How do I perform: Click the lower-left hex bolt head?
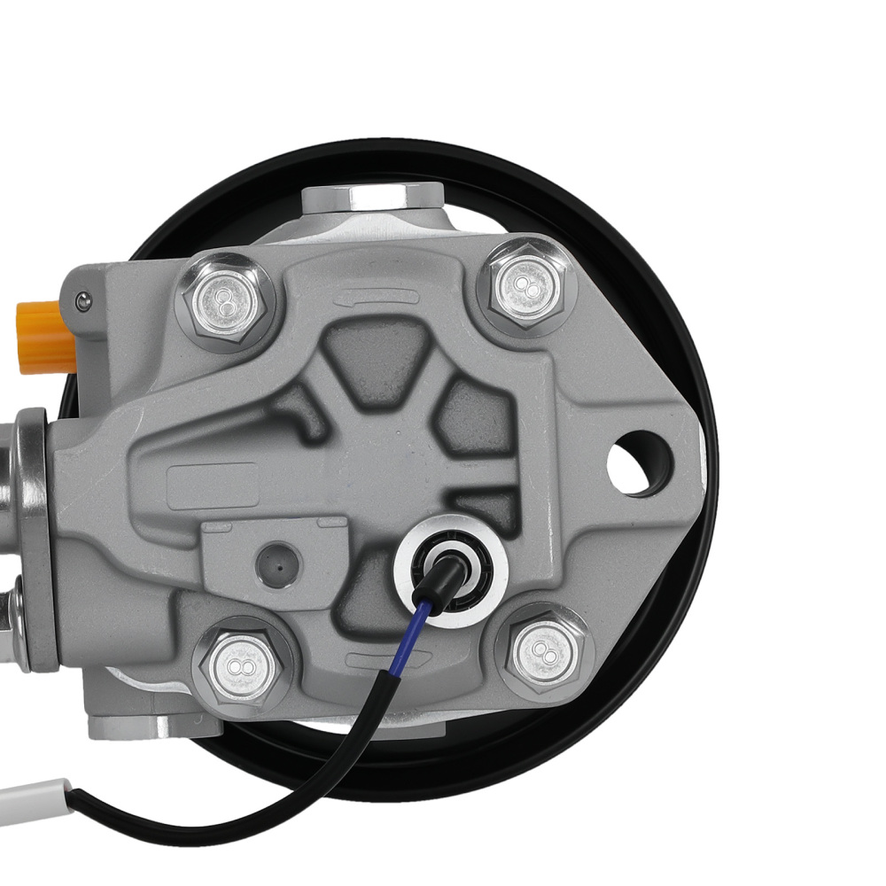[240, 664]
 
